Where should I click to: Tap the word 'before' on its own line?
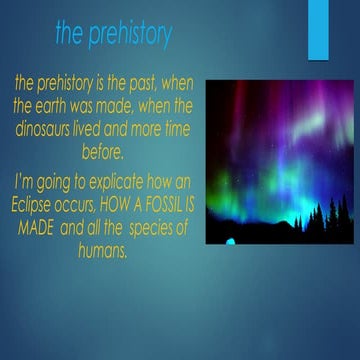(x=103, y=153)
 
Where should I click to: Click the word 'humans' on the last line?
(x=103, y=251)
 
